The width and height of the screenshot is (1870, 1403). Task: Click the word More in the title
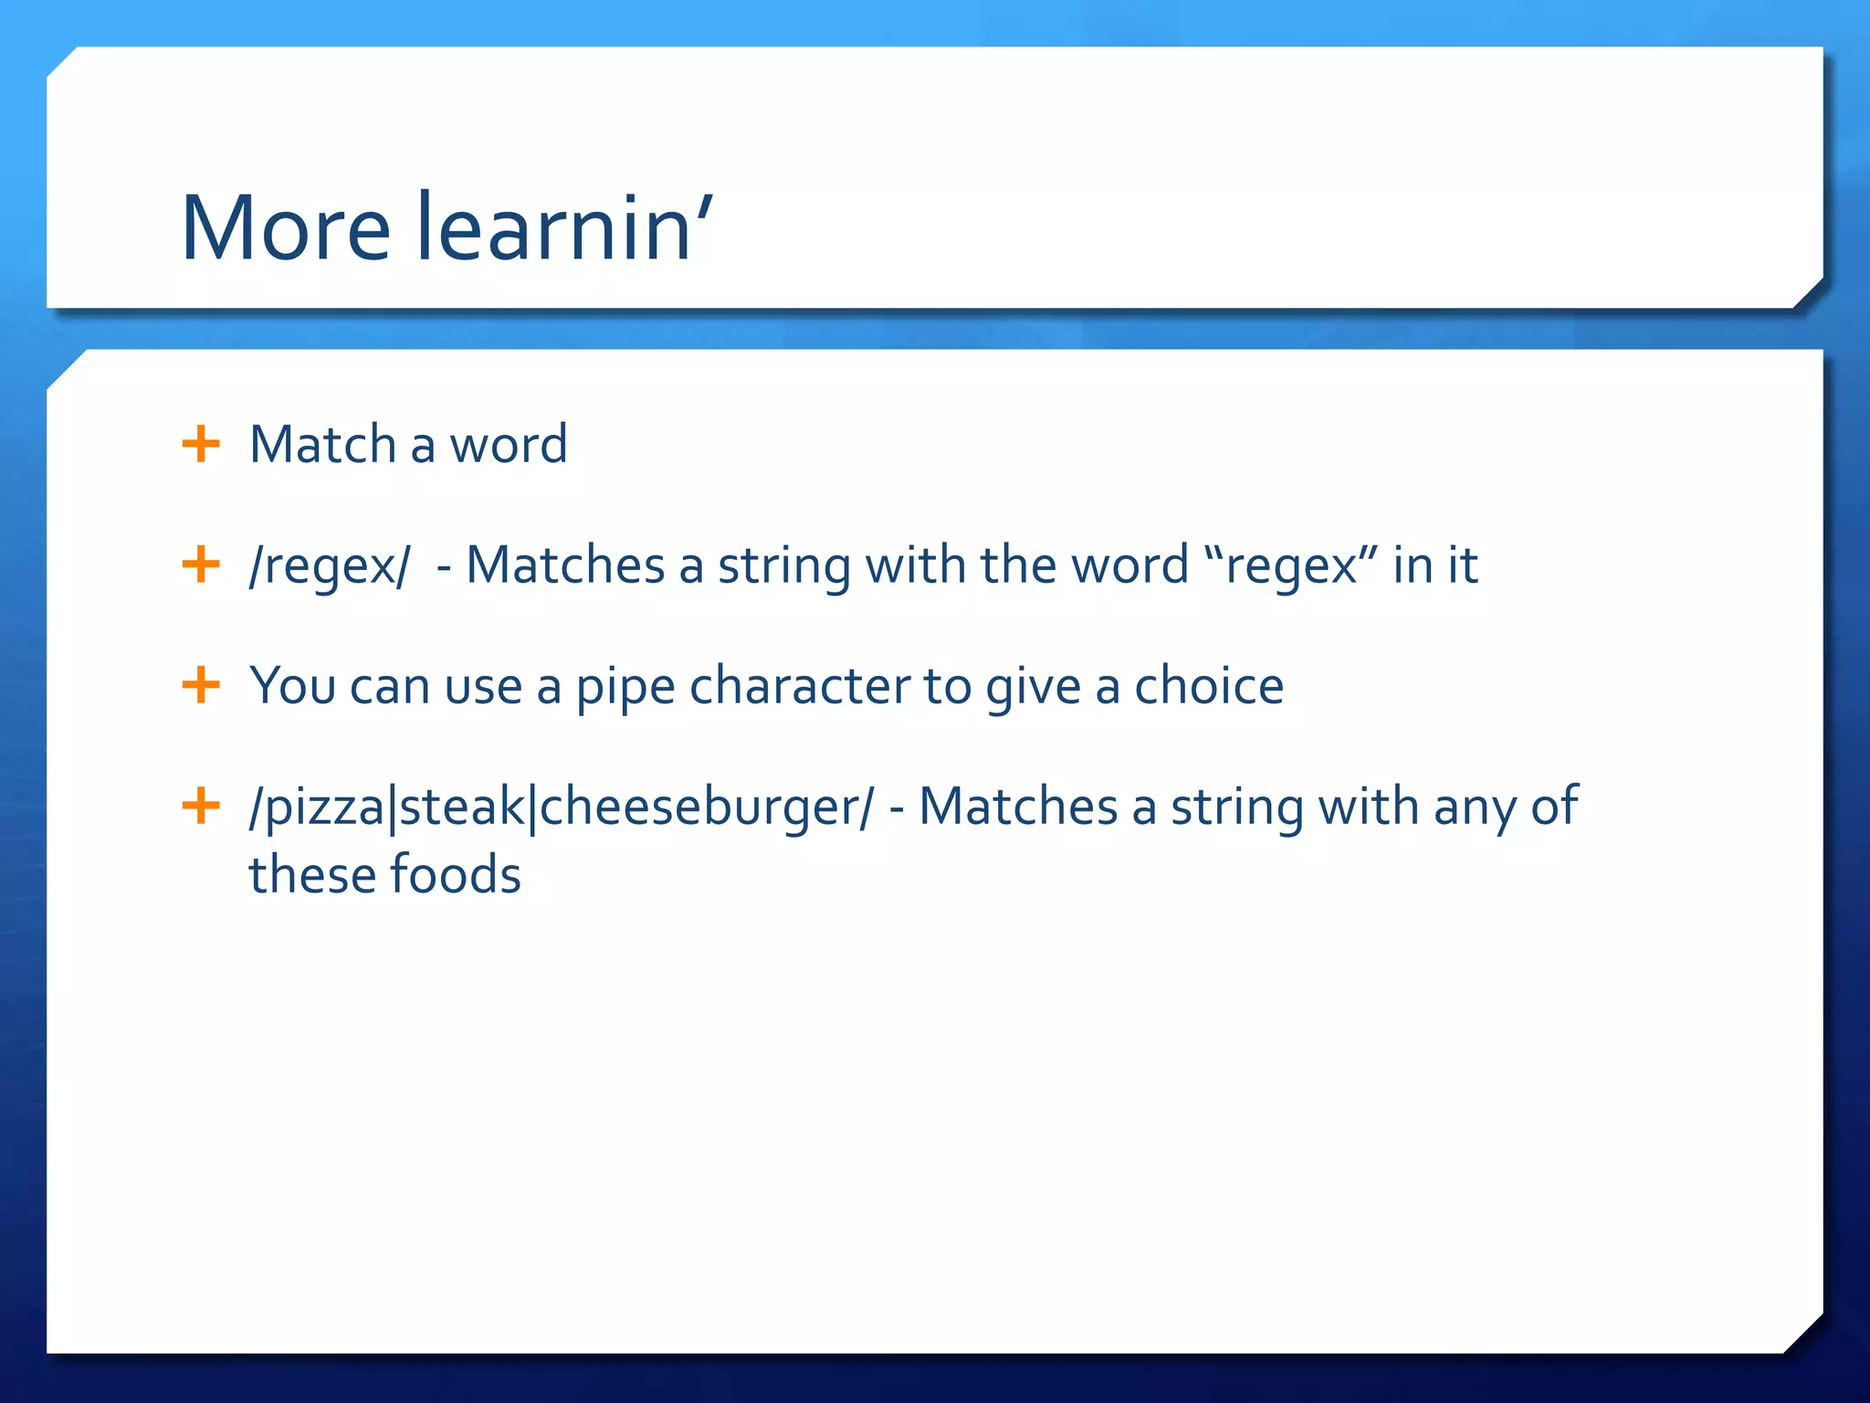[285, 228]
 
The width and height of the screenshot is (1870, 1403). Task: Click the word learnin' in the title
[563, 228]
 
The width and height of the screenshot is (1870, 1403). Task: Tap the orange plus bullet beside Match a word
[201, 445]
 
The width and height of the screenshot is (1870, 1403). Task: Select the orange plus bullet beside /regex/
[201, 564]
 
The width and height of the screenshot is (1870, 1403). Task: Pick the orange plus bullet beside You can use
[201, 685]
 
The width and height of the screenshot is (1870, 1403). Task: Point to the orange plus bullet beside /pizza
[201, 806]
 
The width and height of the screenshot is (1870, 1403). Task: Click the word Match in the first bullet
[321, 445]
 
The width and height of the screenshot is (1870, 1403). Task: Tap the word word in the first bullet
[508, 445]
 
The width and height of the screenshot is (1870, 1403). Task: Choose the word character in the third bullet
[799, 686]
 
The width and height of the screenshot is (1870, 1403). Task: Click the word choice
[1208, 686]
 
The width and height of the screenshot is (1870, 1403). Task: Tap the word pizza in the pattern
[324, 808]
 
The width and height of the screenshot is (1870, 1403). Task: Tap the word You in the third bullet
[292, 686]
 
